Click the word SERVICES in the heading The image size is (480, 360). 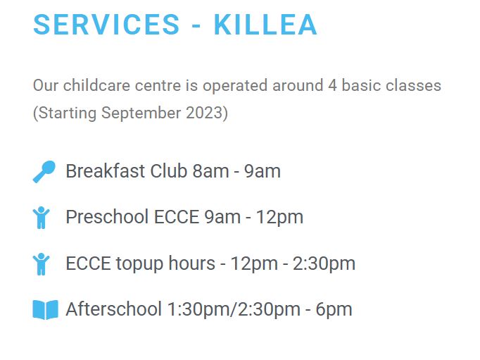click(x=106, y=25)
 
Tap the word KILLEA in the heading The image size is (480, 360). click(x=265, y=25)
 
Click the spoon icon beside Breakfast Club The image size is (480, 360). click(x=44, y=172)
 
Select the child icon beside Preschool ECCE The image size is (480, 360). click(x=41, y=218)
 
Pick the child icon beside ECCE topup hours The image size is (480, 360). click(x=41, y=264)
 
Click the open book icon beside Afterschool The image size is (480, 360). click(x=45, y=310)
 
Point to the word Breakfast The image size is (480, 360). click(x=106, y=170)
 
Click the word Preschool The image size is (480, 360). click(x=107, y=217)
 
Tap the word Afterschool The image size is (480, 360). click(x=113, y=309)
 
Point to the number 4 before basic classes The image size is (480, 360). click(x=332, y=85)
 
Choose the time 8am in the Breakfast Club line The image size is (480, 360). click(x=210, y=171)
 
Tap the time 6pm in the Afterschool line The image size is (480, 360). click(x=334, y=309)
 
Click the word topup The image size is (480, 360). click(x=139, y=264)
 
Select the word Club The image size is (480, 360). click(x=169, y=170)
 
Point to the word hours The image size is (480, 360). click(x=192, y=263)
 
